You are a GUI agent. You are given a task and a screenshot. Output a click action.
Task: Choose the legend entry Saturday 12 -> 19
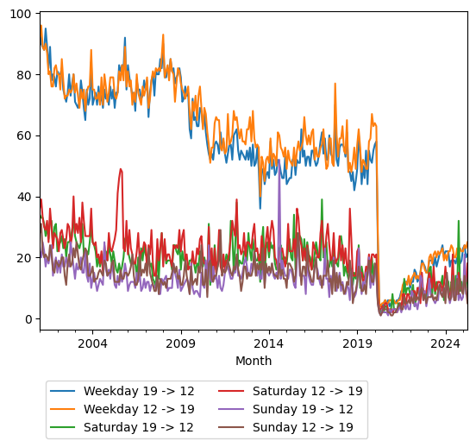tap(308, 391)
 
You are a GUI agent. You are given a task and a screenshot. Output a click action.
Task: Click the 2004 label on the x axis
tap(92, 343)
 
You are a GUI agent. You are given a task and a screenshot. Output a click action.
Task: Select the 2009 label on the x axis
tap(180, 343)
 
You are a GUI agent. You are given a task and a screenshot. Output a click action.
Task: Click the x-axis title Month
tap(254, 361)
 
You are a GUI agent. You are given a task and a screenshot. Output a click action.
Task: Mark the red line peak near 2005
tap(121, 169)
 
